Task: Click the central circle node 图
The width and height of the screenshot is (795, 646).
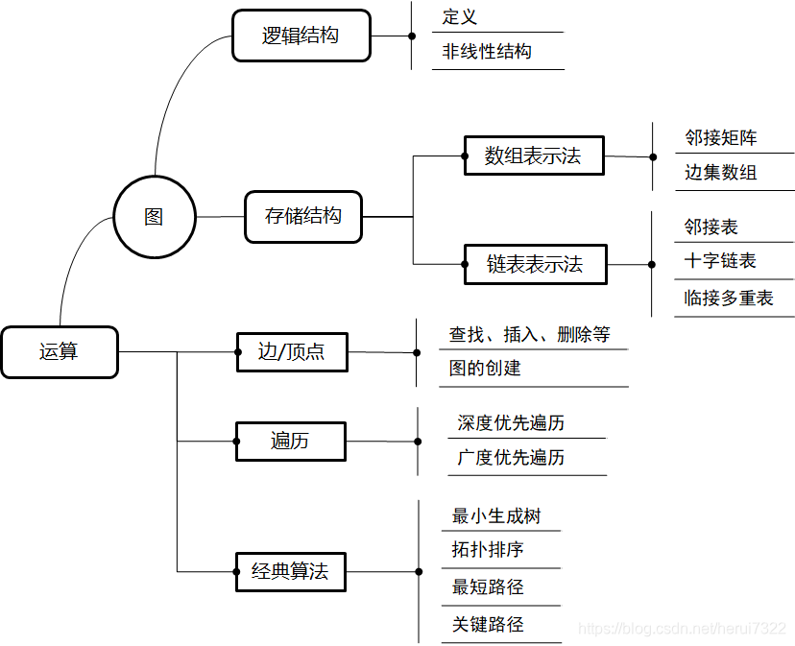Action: click(x=154, y=217)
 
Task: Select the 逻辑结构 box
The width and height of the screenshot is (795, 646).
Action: click(x=301, y=36)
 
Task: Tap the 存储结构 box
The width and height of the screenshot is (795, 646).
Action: click(x=303, y=216)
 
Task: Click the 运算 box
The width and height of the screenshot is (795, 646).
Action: click(x=59, y=351)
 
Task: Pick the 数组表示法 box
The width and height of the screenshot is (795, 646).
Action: click(x=533, y=156)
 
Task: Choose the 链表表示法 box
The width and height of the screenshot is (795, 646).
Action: click(x=535, y=264)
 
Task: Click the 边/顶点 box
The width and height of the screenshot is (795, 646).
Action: click(x=292, y=351)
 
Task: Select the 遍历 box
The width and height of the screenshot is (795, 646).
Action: click(x=290, y=442)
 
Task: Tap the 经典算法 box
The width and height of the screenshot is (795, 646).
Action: click(x=290, y=572)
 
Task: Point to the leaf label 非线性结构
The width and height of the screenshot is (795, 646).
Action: click(x=486, y=52)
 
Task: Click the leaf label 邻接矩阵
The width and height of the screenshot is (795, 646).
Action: click(x=720, y=137)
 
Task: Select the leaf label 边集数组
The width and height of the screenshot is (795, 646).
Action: click(x=720, y=173)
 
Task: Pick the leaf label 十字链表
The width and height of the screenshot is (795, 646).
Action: click(x=720, y=261)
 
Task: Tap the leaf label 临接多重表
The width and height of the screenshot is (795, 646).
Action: click(x=728, y=299)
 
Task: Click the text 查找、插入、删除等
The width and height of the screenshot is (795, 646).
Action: click(x=529, y=334)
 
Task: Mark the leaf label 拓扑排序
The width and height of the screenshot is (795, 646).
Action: click(x=488, y=550)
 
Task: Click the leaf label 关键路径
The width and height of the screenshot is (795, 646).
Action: click(x=488, y=625)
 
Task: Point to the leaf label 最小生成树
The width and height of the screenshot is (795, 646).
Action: click(x=496, y=515)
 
